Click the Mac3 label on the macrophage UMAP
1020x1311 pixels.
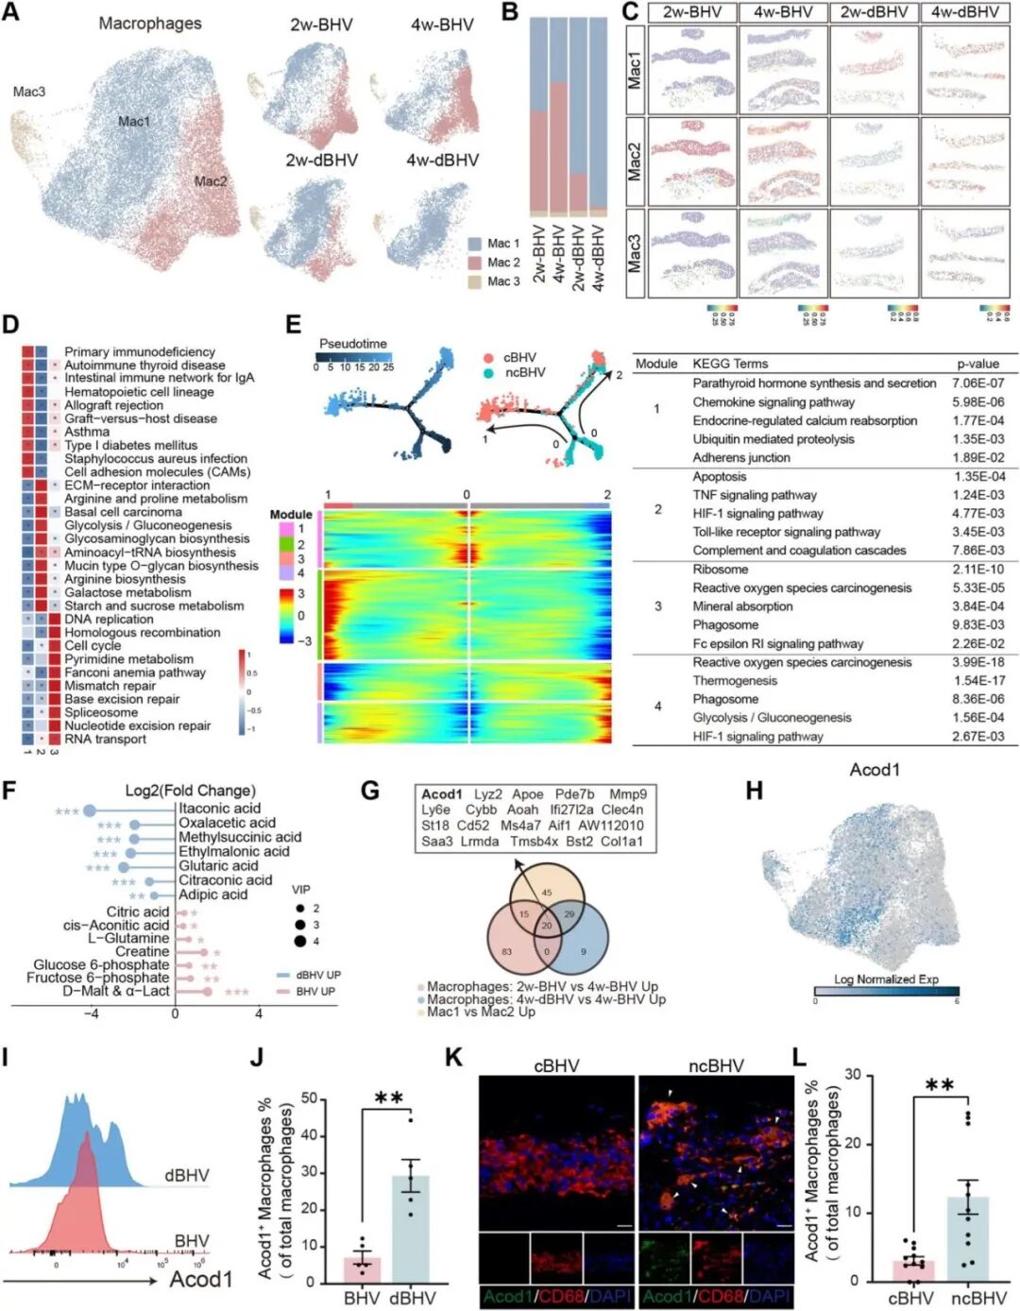coord(28,92)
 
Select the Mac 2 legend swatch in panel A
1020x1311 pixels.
coord(476,263)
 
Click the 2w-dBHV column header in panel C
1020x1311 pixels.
coord(873,12)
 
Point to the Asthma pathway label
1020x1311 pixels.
coord(87,432)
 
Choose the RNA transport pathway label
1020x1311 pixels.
coord(105,740)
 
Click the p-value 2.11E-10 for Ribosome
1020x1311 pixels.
coord(978,570)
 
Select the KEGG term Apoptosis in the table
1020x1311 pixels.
coord(719,477)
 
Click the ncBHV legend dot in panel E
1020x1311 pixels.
coord(488,373)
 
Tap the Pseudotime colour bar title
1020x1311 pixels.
coord(352,344)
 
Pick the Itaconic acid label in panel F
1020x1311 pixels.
coord(219,809)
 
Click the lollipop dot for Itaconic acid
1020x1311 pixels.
coord(90,810)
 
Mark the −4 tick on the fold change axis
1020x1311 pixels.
coord(92,1013)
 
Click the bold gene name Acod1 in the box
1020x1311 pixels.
coord(442,794)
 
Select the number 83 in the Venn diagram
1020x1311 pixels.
coord(507,951)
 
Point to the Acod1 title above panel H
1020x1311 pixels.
coord(875,770)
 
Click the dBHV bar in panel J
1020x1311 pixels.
coord(411,1229)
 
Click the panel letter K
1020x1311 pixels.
coord(454,1057)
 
